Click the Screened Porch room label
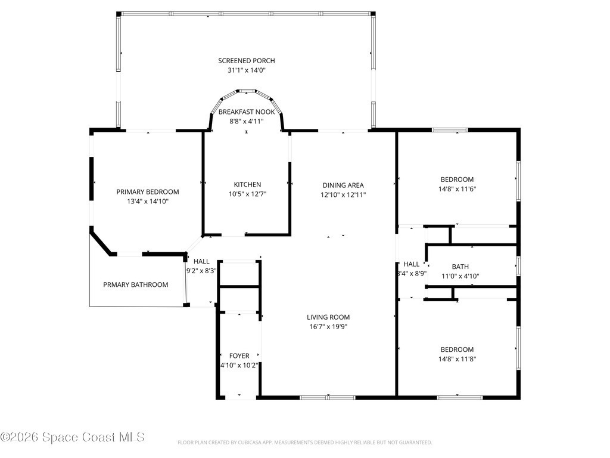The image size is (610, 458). tap(246, 61)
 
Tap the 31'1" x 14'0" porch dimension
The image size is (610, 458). tap(246, 70)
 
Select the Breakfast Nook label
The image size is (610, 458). tap(246, 112)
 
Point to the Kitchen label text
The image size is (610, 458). tap(247, 185)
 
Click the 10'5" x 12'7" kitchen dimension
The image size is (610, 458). tap(247, 194)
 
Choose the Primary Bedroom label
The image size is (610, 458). tap(148, 192)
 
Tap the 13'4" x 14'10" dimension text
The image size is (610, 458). tap(148, 202)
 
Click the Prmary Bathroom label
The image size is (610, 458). tap(135, 284)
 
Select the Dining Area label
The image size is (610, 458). tap(343, 185)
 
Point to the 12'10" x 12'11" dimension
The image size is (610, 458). tap(343, 195)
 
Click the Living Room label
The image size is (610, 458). tap(328, 317)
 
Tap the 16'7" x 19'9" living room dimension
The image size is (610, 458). tap(328, 327)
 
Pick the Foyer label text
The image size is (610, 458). tap(239, 356)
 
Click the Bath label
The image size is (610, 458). tap(460, 267)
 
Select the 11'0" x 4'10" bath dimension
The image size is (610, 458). tap(460, 276)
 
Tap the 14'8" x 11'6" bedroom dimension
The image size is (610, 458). tap(457, 189)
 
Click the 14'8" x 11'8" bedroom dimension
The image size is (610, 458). tap(457, 359)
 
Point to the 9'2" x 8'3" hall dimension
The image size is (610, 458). tap(201, 271)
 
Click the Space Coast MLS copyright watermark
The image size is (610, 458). tap(73, 437)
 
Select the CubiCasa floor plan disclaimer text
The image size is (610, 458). tap(304, 442)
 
